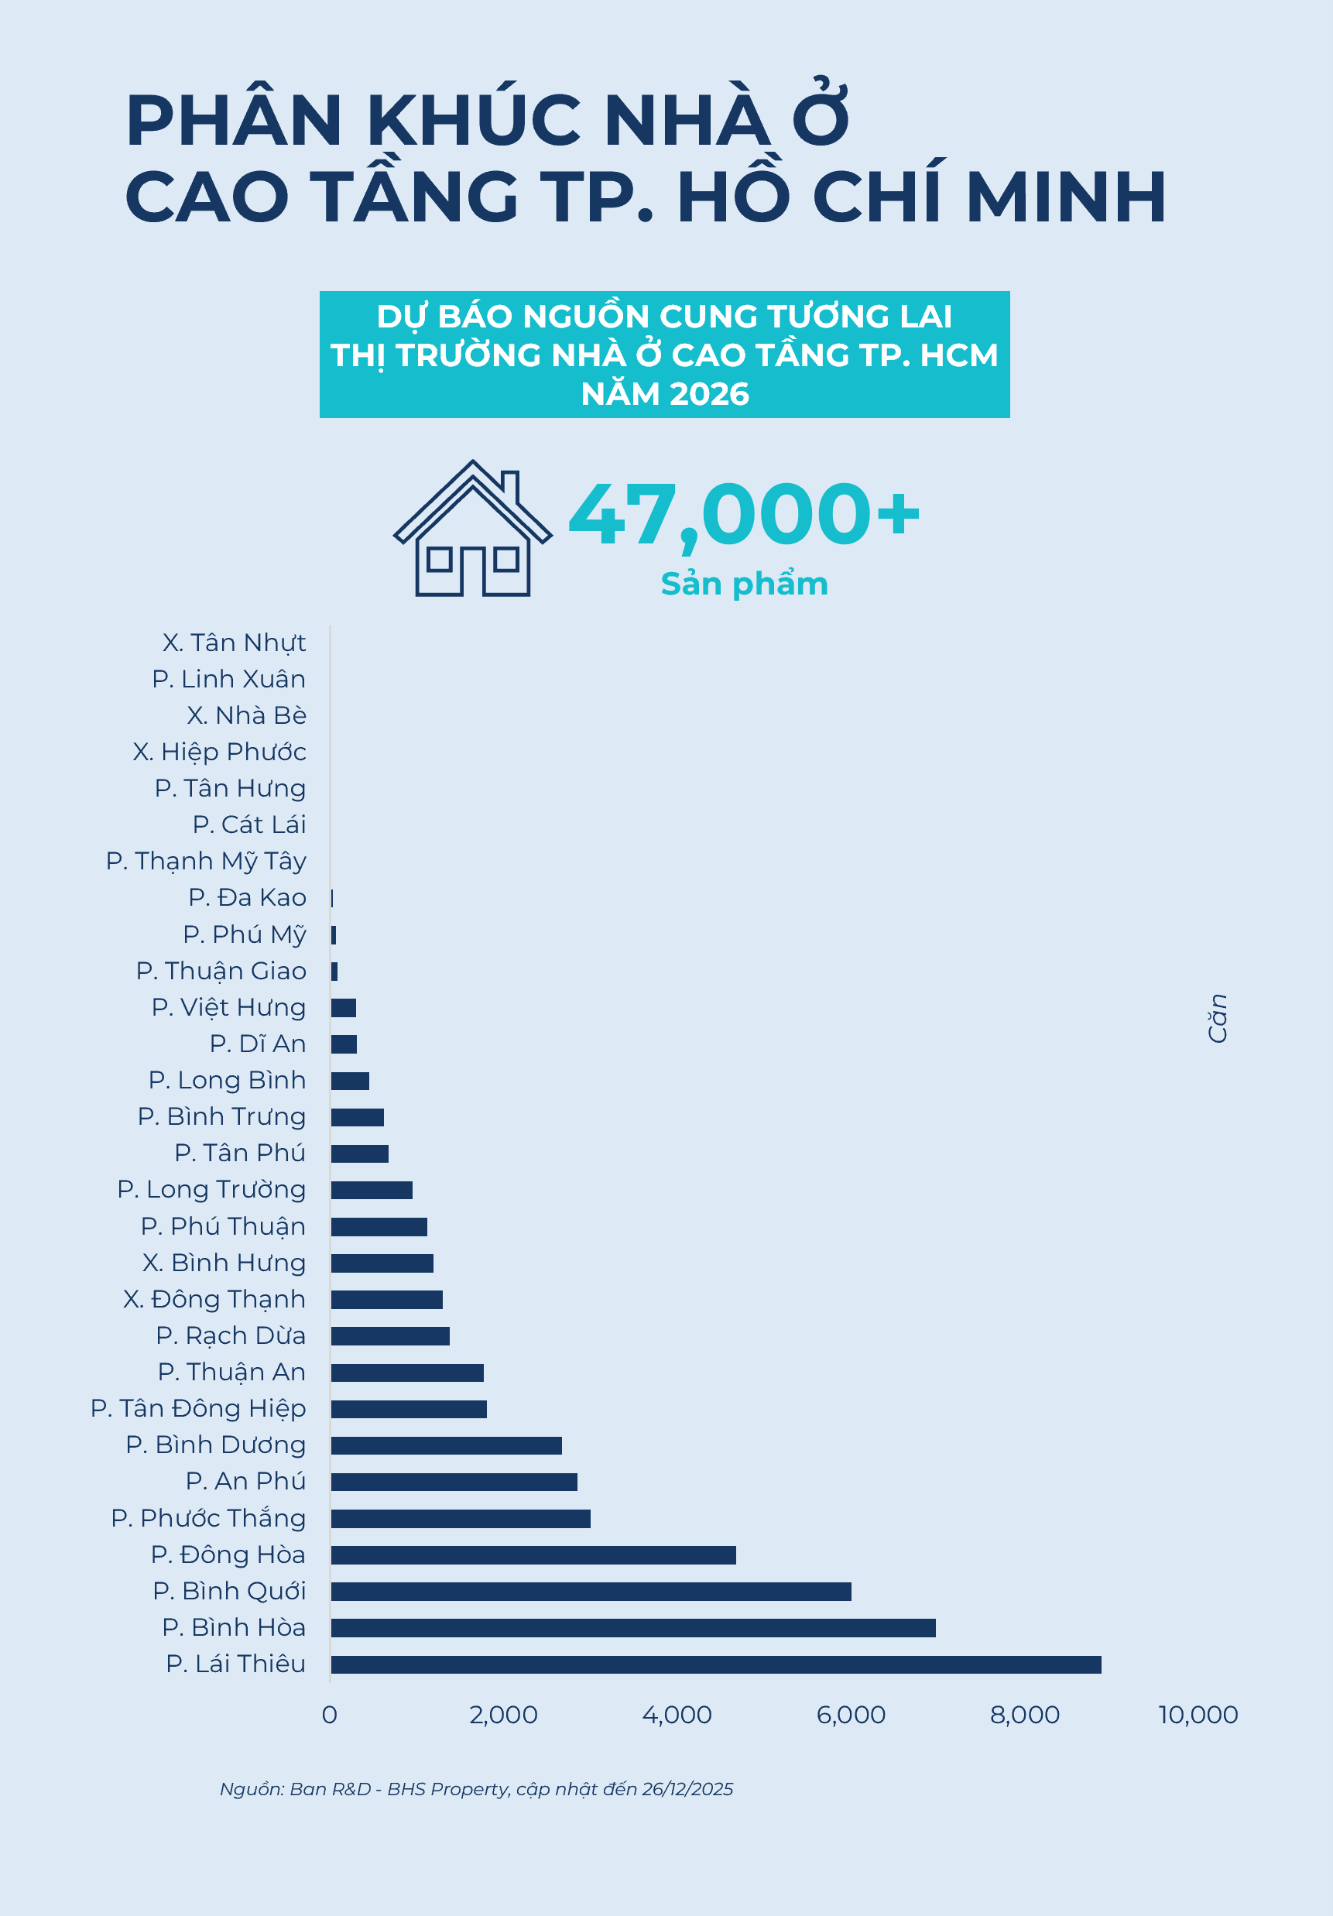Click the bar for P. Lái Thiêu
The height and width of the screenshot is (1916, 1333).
(715, 1664)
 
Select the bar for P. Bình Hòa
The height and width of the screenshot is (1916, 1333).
(632, 1627)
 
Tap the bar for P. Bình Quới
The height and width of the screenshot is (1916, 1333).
(591, 1592)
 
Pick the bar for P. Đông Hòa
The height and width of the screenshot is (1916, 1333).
(533, 1554)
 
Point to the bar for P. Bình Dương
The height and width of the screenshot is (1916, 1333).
(446, 1445)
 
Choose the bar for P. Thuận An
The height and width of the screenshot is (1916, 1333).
(407, 1373)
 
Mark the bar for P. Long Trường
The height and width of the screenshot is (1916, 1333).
(372, 1190)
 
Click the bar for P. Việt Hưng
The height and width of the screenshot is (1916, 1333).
(343, 1008)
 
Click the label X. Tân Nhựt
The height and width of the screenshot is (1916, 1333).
(234, 643)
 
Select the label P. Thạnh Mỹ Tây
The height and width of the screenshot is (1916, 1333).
(206, 861)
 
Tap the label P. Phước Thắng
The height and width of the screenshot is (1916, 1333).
(209, 1518)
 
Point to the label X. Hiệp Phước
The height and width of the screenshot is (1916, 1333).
(220, 752)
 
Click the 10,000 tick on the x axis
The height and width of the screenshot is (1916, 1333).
(1198, 1715)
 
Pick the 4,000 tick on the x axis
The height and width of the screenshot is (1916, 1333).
(677, 1715)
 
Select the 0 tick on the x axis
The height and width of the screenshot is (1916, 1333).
(330, 1715)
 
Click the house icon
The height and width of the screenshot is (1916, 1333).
(472, 528)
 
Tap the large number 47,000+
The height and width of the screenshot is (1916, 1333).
(744, 515)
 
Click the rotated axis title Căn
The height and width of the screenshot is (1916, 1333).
(1218, 1018)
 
